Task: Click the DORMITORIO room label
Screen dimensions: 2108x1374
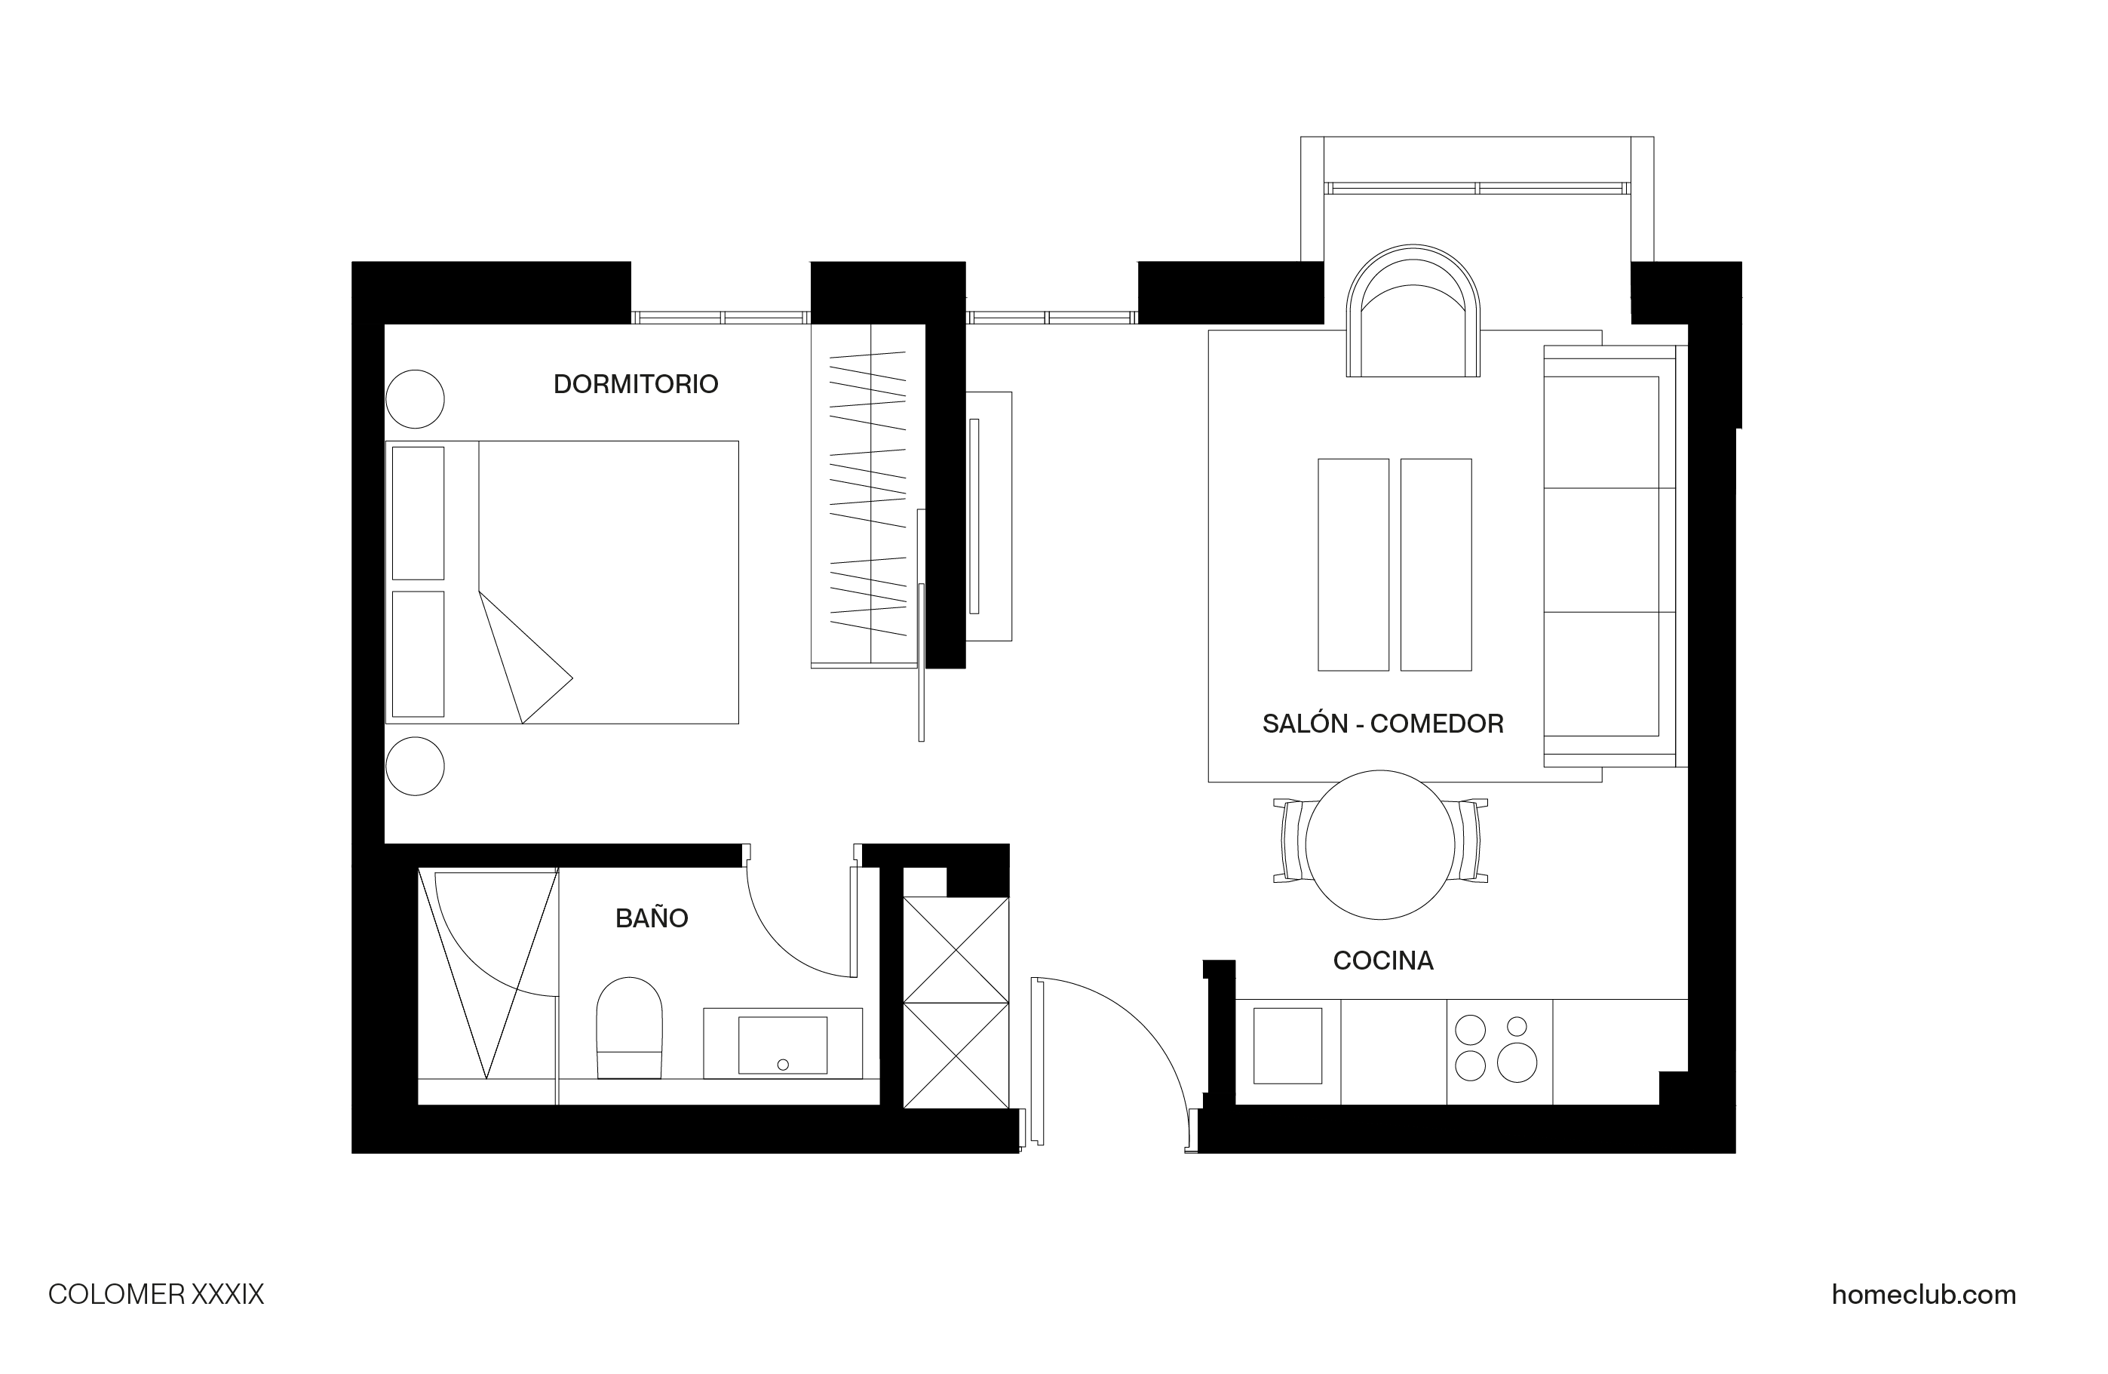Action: [635, 385]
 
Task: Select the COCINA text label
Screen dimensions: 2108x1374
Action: [1382, 961]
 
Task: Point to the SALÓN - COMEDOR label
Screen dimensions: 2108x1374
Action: [1382, 724]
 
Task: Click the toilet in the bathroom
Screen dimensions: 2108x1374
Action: [630, 1028]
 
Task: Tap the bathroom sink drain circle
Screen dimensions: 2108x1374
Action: [782, 1065]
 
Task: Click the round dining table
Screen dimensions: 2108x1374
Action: [1380, 845]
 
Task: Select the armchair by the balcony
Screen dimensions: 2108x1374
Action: [1413, 312]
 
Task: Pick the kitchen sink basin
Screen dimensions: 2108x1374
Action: [1288, 1045]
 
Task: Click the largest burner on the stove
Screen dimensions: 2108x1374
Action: [1517, 1062]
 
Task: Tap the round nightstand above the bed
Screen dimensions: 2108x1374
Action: [415, 398]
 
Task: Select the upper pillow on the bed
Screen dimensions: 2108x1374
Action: [418, 513]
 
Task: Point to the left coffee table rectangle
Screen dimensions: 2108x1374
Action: [1353, 564]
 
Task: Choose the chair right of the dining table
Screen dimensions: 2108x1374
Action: [1471, 841]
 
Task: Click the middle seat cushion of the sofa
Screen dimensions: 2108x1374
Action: [1602, 550]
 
